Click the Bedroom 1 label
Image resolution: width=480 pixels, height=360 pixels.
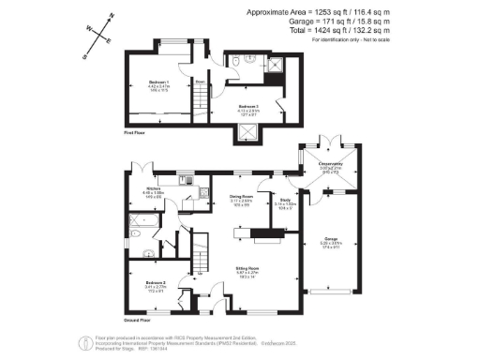pos(156,84)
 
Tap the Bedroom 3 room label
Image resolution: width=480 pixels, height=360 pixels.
pos(248,108)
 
